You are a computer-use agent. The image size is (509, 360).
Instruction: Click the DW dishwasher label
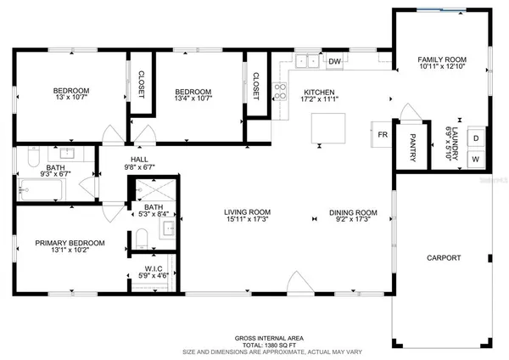[335, 61]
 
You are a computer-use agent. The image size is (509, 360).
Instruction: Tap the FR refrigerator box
[383, 133]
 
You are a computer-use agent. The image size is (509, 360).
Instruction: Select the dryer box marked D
[475, 138]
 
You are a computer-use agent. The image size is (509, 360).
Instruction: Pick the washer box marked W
[475, 159]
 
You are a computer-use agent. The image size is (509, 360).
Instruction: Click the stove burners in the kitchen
[279, 90]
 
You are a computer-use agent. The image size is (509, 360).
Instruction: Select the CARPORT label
[443, 258]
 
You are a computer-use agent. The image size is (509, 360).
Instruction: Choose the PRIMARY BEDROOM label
[69, 244]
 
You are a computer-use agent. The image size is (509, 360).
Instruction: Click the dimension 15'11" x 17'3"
[247, 220]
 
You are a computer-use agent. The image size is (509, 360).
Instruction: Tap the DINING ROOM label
[353, 212]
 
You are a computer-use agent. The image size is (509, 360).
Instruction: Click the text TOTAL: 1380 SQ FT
[254, 344]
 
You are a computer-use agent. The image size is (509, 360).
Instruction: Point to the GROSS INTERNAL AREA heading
[254, 337]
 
